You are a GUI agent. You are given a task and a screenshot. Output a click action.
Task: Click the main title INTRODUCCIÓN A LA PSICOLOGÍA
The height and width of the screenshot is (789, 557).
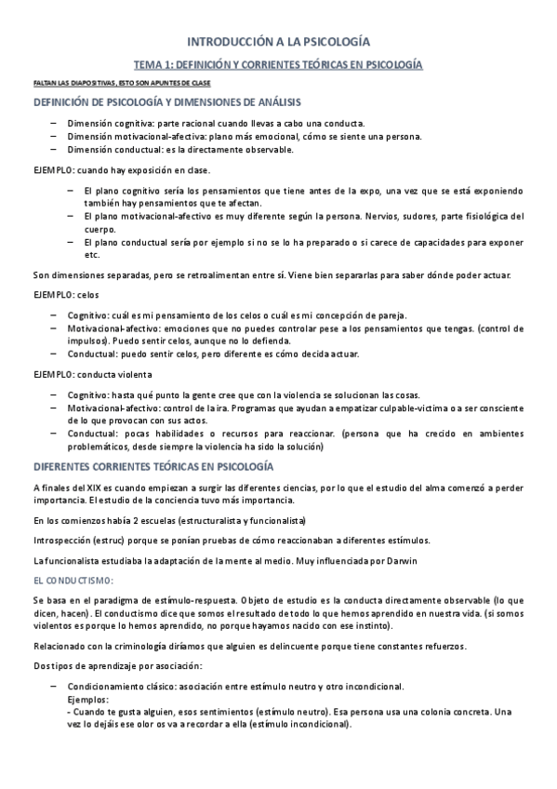click(x=279, y=42)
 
